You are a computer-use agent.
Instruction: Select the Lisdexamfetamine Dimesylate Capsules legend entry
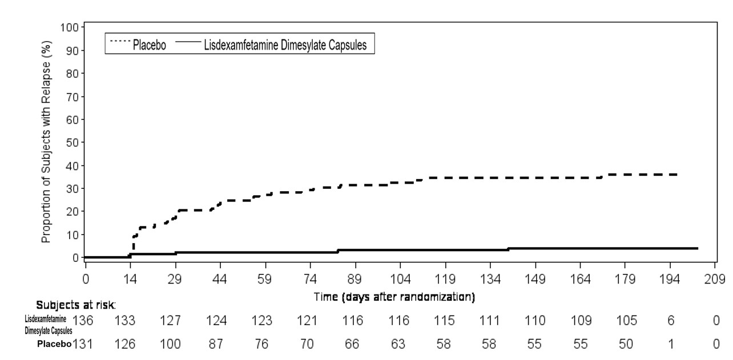[x=287, y=44]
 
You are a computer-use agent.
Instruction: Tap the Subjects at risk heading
[x=76, y=305]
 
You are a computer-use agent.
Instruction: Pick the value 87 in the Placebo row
[x=219, y=344]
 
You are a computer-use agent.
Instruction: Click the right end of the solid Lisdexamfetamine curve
[x=698, y=248]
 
